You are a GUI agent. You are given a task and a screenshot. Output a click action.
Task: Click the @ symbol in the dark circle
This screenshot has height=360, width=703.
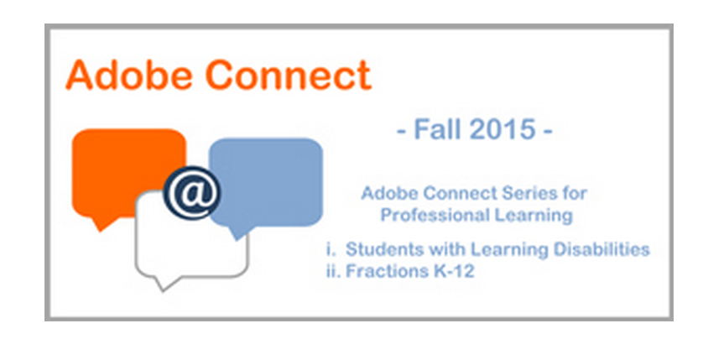190,192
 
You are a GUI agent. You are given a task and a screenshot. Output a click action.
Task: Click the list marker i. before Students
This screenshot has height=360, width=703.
333,249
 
